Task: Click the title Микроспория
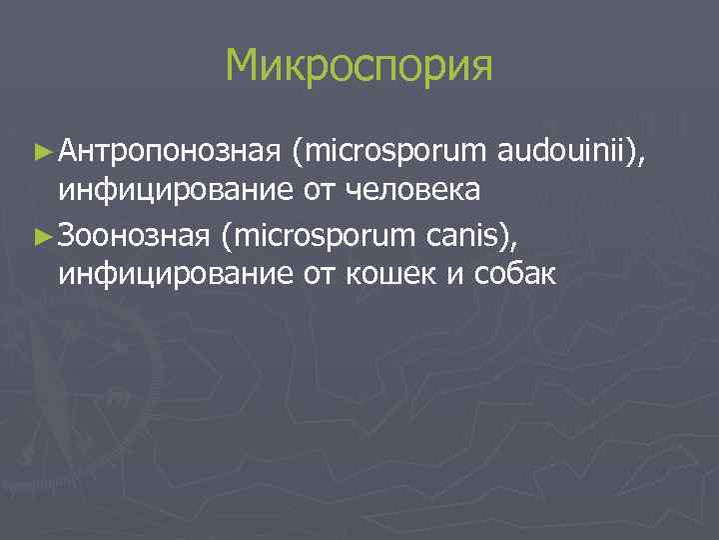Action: click(359, 66)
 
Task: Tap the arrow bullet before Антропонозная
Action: click(41, 152)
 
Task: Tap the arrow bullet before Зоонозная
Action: click(41, 235)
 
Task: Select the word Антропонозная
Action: click(170, 152)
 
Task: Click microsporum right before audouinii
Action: click(396, 152)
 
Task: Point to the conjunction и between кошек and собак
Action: click(427, 273)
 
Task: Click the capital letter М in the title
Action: click(244, 66)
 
